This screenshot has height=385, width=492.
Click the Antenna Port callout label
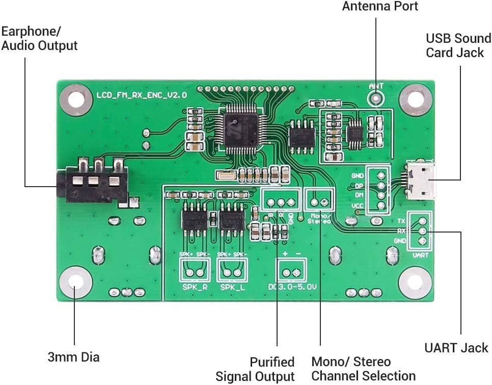click(x=380, y=7)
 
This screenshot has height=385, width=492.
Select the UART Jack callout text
click(x=456, y=348)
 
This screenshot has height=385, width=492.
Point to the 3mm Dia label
click(x=73, y=356)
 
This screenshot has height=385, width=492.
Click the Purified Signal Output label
click(x=255, y=369)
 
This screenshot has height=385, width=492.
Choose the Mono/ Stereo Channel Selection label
click(x=363, y=369)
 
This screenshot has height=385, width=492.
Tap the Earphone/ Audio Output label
click(x=39, y=38)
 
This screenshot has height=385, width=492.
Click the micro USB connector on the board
click(x=421, y=181)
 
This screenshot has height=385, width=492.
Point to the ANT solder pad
click(x=376, y=97)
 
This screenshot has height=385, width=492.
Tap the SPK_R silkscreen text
click(x=194, y=288)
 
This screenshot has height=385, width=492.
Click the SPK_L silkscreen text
click(x=232, y=288)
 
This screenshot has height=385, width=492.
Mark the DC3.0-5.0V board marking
click(x=292, y=288)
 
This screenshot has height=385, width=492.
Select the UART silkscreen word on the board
click(x=420, y=254)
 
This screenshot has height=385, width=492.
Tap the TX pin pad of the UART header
click(x=422, y=221)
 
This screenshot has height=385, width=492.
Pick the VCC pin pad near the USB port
click(x=380, y=206)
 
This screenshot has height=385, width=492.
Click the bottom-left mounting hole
click(x=76, y=283)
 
